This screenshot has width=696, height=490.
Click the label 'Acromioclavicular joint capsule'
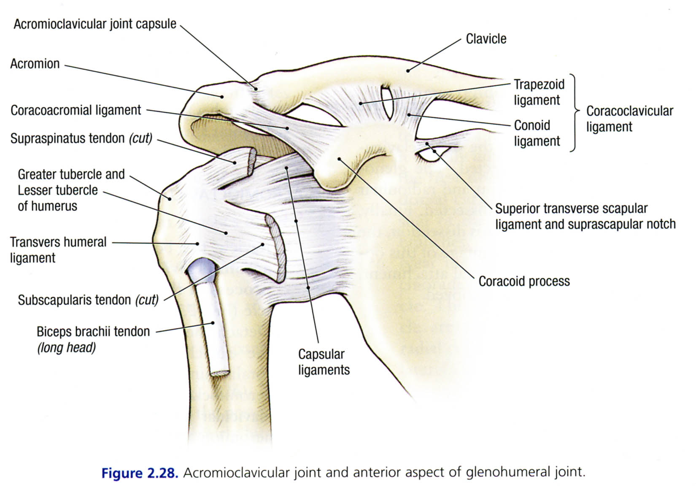point(95,24)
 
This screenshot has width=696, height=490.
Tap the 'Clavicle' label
point(486,39)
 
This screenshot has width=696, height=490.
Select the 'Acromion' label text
point(35,64)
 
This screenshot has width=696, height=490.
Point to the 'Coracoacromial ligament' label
point(76,111)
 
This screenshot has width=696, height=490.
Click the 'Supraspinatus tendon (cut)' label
point(81,138)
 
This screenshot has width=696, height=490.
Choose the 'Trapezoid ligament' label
point(539,92)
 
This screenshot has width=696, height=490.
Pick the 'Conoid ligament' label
point(537,133)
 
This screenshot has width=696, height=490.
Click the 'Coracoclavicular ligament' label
point(629,119)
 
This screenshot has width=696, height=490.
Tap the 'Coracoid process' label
point(524,282)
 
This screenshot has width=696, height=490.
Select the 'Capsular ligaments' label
point(324,362)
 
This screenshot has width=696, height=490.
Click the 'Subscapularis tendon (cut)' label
point(88,300)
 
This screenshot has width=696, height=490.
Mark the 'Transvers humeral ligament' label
point(58,250)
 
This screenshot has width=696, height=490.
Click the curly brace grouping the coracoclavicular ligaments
point(575,112)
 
